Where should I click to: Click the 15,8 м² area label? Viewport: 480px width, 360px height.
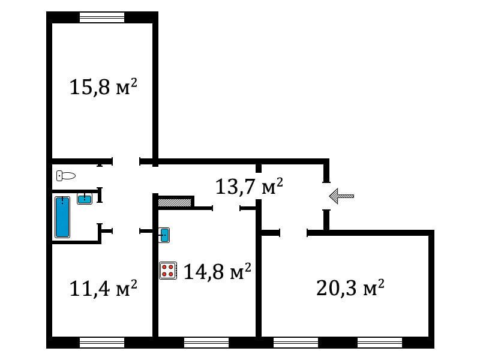(x=103, y=87)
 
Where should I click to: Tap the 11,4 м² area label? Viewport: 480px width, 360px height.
(x=103, y=288)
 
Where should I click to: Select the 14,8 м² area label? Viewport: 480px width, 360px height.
(x=217, y=271)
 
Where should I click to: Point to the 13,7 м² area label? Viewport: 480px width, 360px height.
(x=249, y=186)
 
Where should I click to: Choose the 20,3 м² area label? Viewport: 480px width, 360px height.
(x=350, y=287)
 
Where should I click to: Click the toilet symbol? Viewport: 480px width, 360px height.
(x=66, y=176)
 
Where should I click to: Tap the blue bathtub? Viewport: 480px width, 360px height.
(x=62, y=217)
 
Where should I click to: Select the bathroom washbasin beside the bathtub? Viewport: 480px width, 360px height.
(x=85, y=199)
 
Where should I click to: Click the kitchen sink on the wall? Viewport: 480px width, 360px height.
(x=164, y=235)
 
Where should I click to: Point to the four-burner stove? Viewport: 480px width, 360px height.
(x=168, y=271)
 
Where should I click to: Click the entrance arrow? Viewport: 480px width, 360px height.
(x=341, y=196)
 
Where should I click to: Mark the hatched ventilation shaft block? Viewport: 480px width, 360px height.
(x=175, y=203)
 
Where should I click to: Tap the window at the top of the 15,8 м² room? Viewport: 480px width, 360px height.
(x=102, y=17)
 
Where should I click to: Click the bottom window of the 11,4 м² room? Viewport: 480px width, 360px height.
(x=102, y=343)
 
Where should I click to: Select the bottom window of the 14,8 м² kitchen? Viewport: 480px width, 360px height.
(x=206, y=343)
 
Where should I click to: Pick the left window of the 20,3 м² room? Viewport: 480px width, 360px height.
(x=296, y=343)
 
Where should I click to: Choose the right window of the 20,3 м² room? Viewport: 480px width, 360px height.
(x=380, y=343)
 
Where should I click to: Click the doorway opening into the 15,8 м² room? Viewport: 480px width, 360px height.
(x=126, y=161)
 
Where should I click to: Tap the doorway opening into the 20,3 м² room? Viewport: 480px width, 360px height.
(x=293, y=233)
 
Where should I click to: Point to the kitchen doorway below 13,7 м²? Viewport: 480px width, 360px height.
(x=226, y=208)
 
